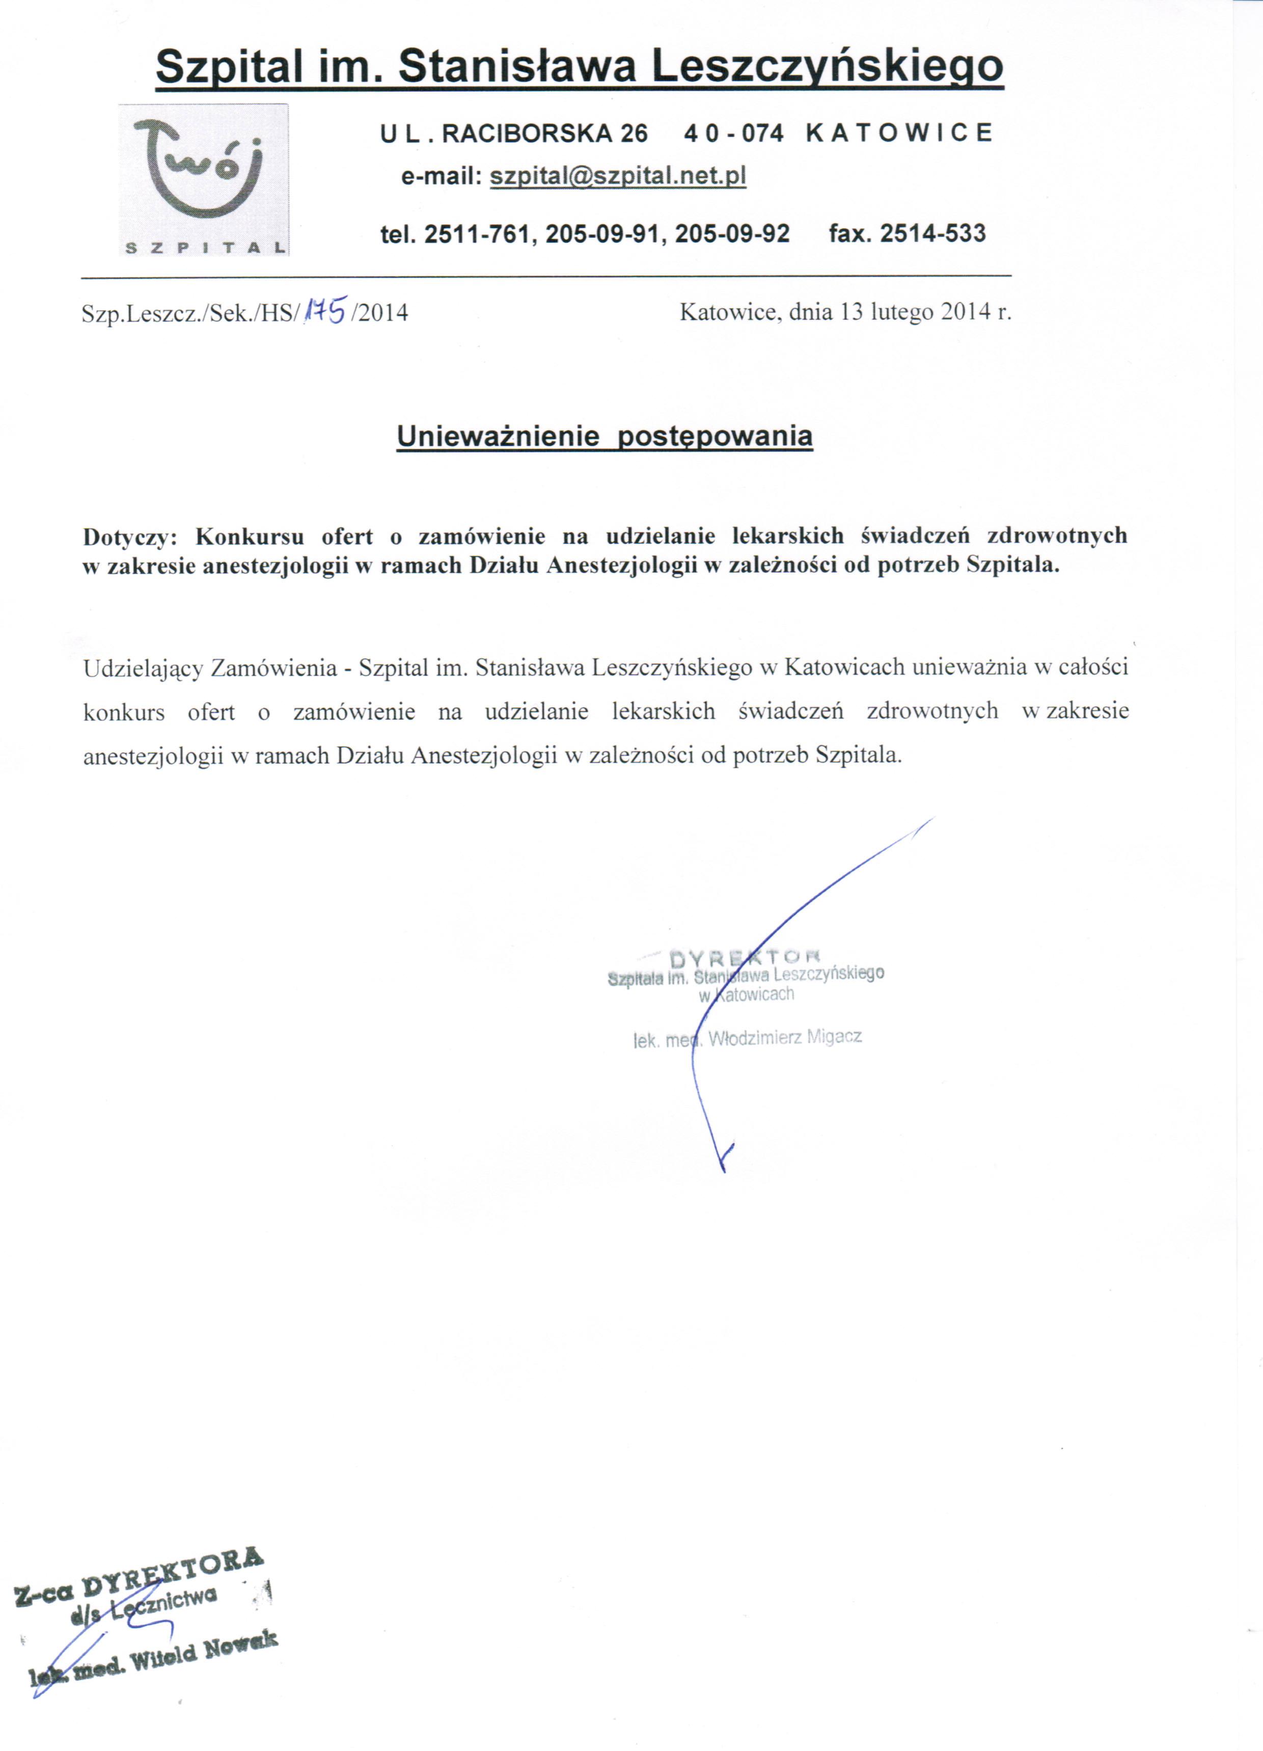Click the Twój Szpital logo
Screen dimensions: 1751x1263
click(x=203, y=179)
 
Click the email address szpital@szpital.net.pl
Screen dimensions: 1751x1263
click(x=618, y=177)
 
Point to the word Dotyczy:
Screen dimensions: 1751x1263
click(x=130, y=536)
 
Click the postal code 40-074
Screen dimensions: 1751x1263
click(x=733, y=133)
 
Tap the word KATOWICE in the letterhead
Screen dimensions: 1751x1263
click(x=898, y=133)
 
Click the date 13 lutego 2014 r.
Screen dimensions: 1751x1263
click(x=926, y=312)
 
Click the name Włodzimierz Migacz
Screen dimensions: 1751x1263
click(x=784, y=1038)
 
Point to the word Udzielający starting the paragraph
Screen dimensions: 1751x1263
click(x=143, y=667)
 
